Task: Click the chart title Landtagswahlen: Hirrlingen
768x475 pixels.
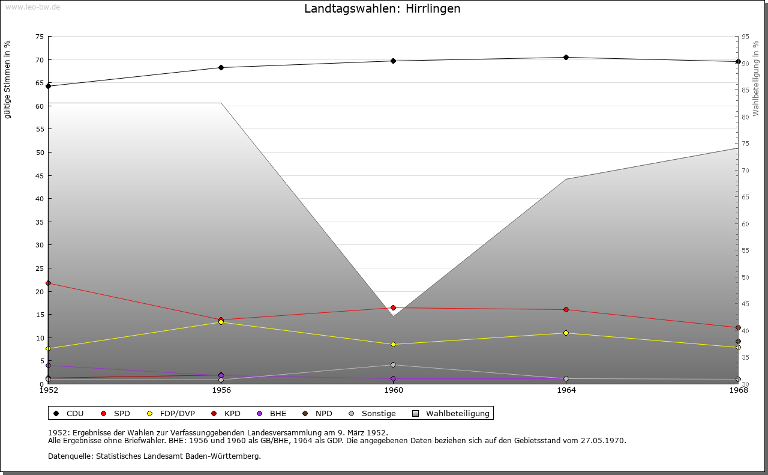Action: [382, 8]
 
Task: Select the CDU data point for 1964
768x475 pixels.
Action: [566, 58]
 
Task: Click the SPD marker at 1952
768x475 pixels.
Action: [49, 283]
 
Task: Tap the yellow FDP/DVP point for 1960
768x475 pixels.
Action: [393, 344]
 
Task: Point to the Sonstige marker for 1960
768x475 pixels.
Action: [393, 365]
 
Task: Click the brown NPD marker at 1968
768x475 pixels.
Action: [738, 342]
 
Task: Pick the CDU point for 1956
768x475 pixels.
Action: [221, 67]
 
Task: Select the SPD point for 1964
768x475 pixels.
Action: [566, 309]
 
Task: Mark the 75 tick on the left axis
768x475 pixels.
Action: [39, 37]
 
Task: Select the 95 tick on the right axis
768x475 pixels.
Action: [745, 37]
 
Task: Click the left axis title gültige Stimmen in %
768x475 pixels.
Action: [8, 79]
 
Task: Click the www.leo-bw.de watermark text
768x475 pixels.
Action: [32, 7]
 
